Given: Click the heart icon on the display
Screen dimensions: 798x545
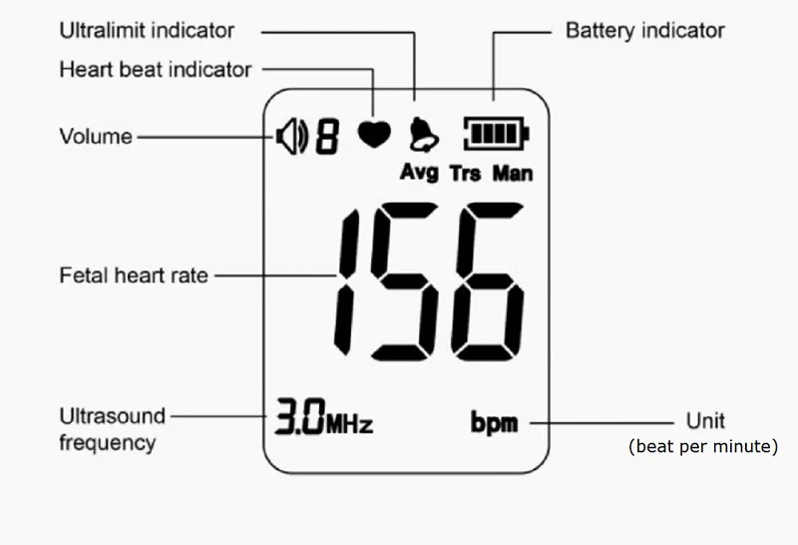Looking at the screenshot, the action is click(375, 135).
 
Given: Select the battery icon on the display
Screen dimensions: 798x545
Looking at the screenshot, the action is click(496, 134).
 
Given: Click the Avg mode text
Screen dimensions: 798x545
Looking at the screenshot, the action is click(419, 173).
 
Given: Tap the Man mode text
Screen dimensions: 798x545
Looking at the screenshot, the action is click(513, 174).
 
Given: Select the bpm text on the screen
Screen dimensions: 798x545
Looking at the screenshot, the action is click(495, 422).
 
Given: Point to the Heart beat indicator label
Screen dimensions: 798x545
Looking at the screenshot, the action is click(155, 70).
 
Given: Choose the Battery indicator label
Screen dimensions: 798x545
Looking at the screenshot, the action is click(644, 30).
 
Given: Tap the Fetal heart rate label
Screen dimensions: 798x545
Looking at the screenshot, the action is click(135, 274).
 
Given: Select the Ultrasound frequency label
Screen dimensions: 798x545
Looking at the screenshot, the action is click(112, 428).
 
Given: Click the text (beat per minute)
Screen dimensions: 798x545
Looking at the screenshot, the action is click(702, 446).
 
